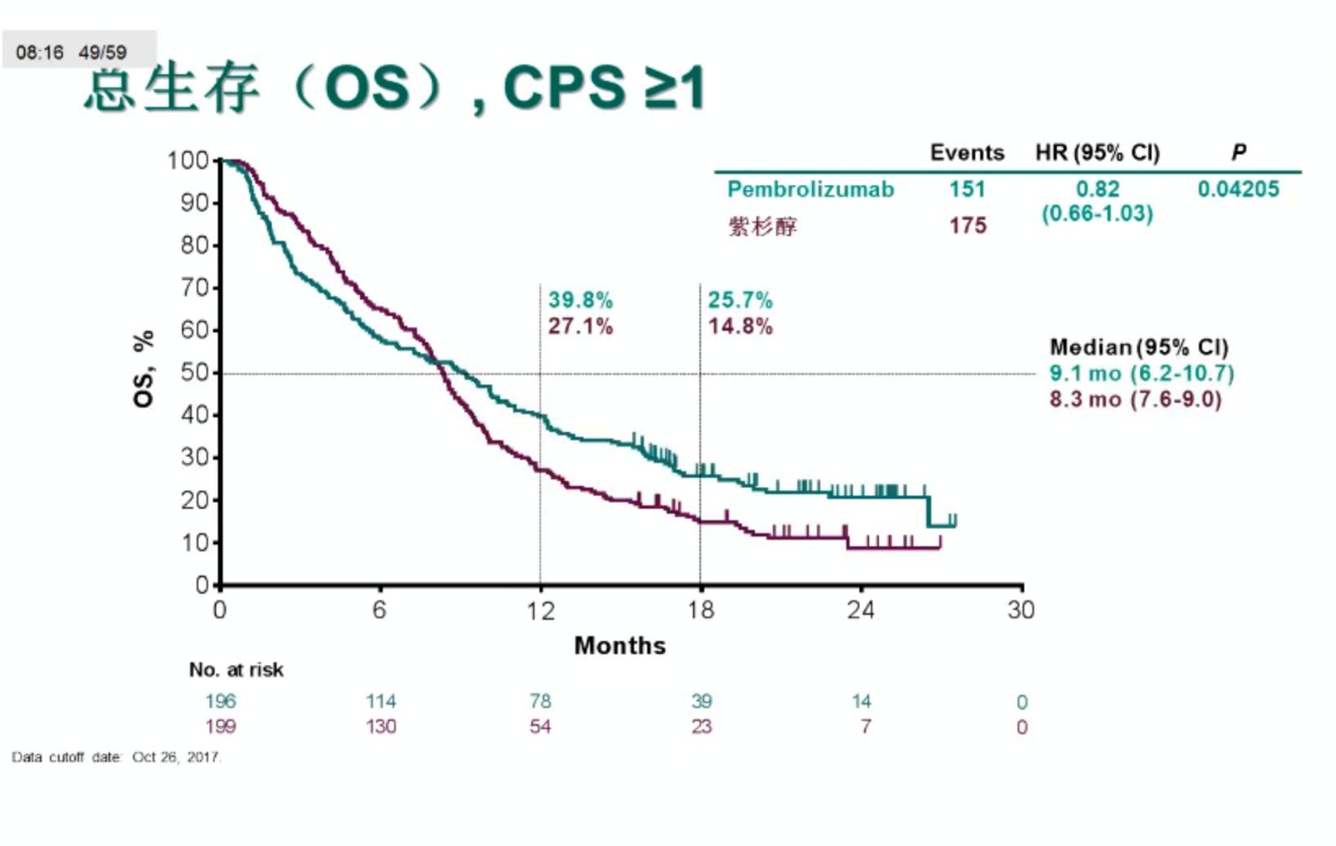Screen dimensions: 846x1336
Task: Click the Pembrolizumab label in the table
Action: point(810,189)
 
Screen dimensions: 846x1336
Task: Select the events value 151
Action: point(967,189)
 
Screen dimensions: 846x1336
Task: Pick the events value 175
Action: point(967,225)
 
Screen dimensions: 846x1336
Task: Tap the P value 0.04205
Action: point(1238,189)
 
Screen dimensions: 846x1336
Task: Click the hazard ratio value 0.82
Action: point(1097,189)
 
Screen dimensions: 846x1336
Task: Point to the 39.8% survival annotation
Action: point(580,301)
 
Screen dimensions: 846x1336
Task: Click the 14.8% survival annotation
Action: point(740,327)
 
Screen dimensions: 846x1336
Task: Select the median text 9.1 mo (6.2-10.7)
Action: point(1141,374)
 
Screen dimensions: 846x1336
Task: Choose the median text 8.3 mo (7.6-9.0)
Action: point(1135,399)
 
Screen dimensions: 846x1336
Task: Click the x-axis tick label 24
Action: point(860,610)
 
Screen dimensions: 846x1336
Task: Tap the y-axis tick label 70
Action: point(195,287)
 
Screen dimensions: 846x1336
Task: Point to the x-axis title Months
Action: point(619,646)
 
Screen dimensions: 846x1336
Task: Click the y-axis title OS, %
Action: point(144,369)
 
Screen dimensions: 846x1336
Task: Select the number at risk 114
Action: point(380,701)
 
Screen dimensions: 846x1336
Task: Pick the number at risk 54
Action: point(539,727)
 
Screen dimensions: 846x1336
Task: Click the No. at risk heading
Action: point(236,670)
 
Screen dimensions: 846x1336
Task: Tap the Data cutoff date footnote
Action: point(116,757)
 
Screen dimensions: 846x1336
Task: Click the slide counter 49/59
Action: point(103,53)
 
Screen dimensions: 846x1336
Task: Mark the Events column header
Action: point(967,153)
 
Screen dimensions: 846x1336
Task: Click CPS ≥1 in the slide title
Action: point(604,87)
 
